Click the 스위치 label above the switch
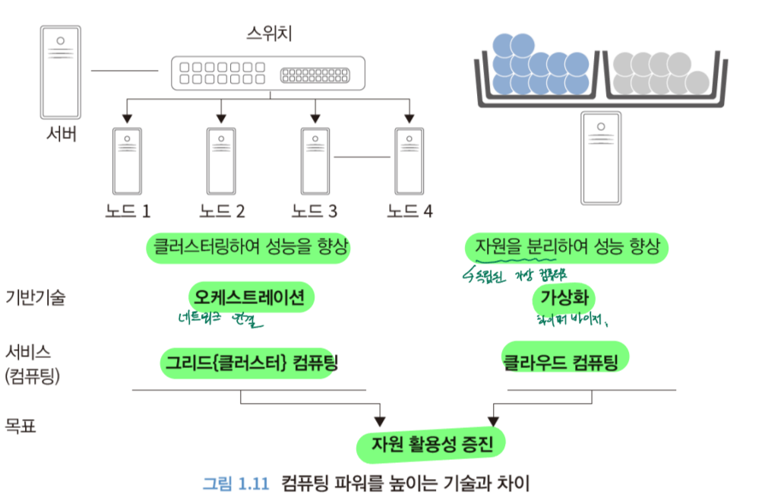269,33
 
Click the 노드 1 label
128,211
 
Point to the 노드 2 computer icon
221,160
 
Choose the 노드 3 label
314,211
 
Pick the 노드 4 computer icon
409,160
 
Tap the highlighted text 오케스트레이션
251,297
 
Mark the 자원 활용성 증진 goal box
432,444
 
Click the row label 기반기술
35,297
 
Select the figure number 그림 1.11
235,483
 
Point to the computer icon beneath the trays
601,157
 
